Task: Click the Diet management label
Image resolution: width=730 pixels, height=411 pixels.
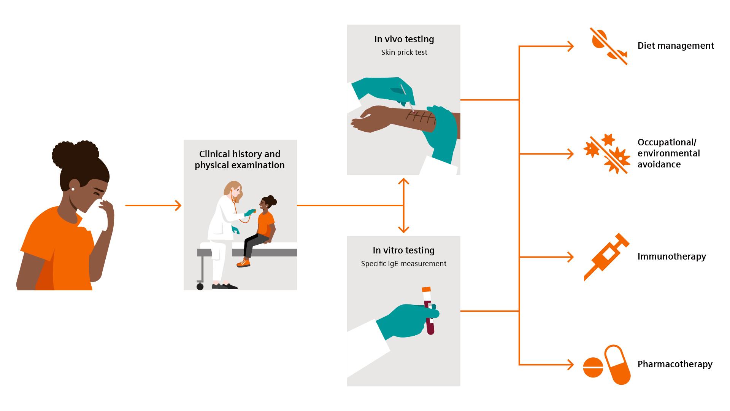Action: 675,46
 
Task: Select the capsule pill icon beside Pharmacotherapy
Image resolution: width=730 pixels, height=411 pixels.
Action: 617,365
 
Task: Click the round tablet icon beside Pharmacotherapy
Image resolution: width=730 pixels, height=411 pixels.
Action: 593,367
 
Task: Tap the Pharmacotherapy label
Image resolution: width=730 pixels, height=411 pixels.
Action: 674,364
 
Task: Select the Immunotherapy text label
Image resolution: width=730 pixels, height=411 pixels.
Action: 671,256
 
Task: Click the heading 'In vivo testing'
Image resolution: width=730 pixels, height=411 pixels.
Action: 404,39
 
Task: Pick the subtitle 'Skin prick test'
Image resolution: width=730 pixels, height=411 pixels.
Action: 404,53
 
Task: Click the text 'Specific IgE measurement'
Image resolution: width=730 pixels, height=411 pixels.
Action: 403,264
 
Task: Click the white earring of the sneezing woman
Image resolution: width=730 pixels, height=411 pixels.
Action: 73,189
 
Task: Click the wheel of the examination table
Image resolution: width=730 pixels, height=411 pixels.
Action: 200,287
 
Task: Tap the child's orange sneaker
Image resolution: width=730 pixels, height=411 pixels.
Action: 243,263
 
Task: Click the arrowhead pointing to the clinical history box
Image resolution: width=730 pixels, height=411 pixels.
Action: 178,205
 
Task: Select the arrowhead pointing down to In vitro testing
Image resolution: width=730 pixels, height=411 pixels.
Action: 403,229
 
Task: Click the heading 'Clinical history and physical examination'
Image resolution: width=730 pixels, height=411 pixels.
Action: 240,159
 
